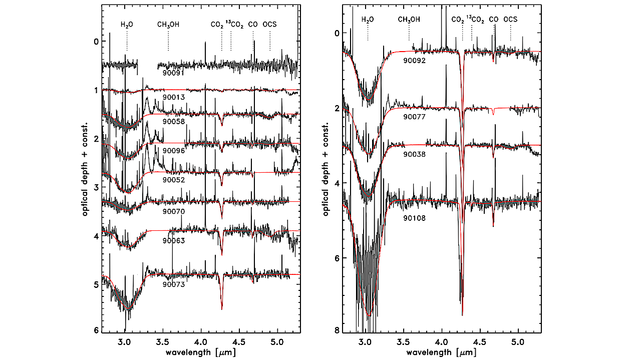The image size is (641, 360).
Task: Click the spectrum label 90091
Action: [174, 73]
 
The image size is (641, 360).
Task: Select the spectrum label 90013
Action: [174, 96]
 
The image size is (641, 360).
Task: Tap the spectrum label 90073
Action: [174, 285]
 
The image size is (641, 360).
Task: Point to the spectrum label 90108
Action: [415, 218]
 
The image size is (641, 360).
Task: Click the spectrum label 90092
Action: [415, 61]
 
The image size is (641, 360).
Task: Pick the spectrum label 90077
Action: [415, 117]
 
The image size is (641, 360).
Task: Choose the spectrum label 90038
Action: [415, 155]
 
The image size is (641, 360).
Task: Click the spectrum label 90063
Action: [174, 241]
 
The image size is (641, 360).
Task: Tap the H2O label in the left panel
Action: [127, 24]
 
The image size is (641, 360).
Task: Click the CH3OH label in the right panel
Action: [409, 20]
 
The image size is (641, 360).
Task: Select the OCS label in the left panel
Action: [269, 24]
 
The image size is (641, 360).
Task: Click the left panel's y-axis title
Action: [86, 168]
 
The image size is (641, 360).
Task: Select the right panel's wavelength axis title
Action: [440, 352]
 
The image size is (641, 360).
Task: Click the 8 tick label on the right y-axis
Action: [337, 330]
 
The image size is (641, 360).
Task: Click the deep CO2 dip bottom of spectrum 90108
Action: [462, 314]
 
